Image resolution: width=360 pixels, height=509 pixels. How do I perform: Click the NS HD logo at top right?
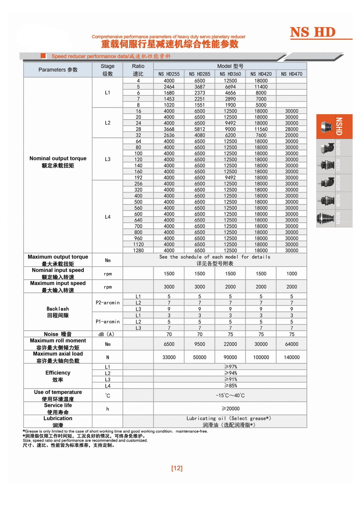[313, 32]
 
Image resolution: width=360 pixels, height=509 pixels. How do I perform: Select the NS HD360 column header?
[230, 74]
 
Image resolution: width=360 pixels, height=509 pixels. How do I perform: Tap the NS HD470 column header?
[292, 74]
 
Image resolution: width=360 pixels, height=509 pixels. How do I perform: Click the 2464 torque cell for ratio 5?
[169, 87]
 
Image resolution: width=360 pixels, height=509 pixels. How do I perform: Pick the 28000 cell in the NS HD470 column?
[292, 129]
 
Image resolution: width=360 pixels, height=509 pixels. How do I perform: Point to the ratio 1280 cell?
[138, 250]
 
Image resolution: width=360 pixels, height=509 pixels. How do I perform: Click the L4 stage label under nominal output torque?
[108, 217]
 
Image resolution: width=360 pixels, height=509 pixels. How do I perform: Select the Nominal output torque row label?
[58, 162]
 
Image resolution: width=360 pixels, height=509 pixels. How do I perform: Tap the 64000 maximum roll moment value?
[292, 344]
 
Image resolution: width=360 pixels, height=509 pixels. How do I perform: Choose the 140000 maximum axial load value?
[292, 357]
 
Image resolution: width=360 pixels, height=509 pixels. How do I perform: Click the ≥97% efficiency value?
[230, 367]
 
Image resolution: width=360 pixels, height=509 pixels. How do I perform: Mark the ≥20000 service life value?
[230, 408]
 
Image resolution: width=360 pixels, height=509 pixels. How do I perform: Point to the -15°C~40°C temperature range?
[230, 395]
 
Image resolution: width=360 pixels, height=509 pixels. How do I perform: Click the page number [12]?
[177, 468]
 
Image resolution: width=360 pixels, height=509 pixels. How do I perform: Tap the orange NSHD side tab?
[334, 126]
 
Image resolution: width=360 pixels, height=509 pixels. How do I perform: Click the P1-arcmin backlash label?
[108, 322]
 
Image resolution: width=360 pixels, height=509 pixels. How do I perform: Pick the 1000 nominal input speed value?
[292, 274]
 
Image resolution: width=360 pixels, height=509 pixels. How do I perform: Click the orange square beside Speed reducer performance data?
[44, 56]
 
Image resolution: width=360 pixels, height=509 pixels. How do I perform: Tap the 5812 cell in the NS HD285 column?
[200, 129]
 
